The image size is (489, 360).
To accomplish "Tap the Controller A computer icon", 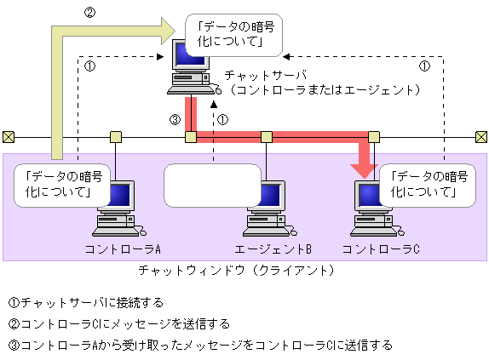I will tap(115, 209).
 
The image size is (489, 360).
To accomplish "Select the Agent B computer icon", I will tap(266, 209).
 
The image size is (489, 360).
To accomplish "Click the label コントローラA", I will tap(123, 249).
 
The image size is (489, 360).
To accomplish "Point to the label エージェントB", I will tap(273, 249).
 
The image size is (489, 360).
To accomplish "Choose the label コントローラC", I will tap(381, 249).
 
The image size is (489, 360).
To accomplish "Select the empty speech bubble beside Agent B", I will tap(212, 185).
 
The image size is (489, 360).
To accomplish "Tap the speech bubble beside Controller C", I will tap(423, 185).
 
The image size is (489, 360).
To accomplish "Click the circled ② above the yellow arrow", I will tap(89, 13).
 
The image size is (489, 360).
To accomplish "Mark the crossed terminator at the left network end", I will tap(8, 136).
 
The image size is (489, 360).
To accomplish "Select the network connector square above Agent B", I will tap(266, 136).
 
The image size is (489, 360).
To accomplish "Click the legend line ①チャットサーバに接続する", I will tap(85, 302).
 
